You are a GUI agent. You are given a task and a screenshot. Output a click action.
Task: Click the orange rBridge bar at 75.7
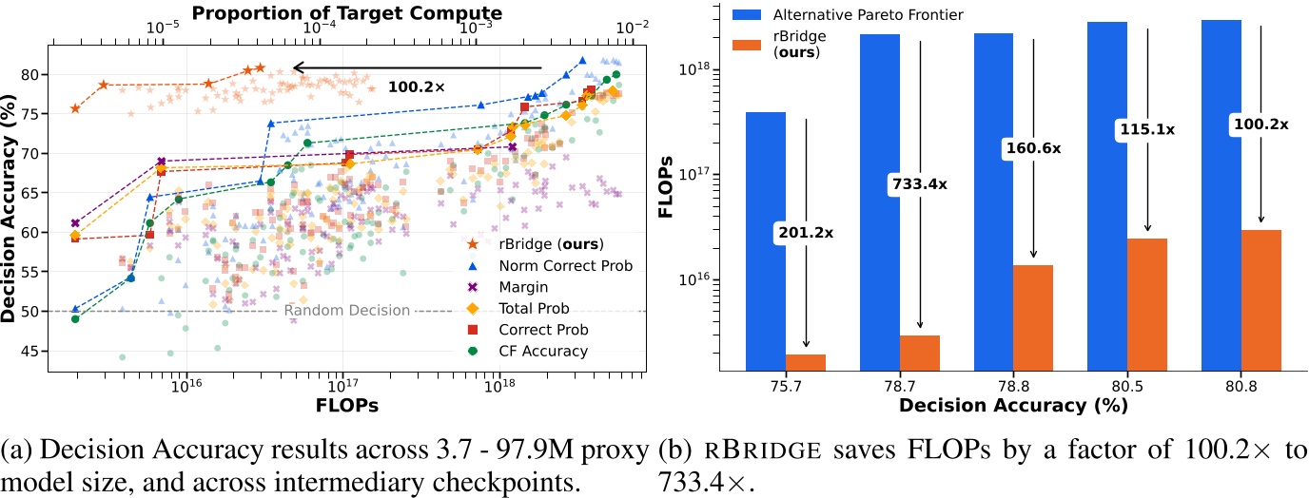(806, 362)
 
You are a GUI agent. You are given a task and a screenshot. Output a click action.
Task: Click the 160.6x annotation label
(1033, 148)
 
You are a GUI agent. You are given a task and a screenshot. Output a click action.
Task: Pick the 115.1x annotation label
(1147, 130)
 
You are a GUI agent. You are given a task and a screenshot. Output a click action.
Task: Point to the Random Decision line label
(347, 311)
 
